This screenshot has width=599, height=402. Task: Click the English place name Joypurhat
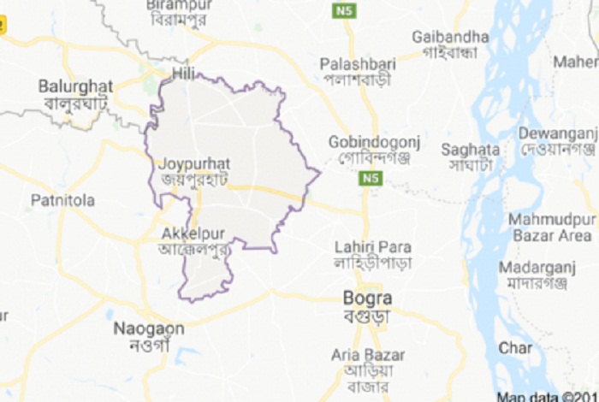194,163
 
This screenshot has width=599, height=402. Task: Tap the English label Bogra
367,299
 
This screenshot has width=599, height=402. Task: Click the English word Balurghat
75,86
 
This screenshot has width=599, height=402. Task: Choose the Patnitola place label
62,200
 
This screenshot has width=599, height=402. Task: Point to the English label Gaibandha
450,37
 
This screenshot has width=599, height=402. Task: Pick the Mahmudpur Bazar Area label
551,227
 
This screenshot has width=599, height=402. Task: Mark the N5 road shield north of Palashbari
344,11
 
